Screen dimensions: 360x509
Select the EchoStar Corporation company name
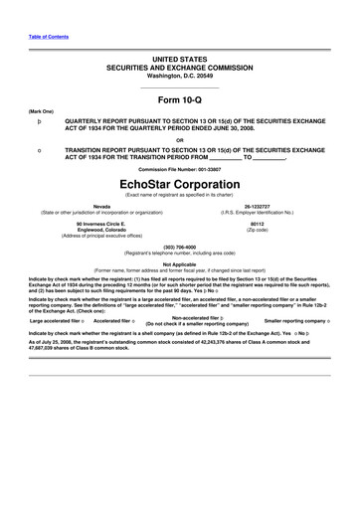[180, 184]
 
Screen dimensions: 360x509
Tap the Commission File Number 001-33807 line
[180, 169]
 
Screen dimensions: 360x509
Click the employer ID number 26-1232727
[255, 207]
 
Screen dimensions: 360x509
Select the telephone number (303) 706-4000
[180, 246]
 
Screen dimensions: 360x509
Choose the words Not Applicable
[180, 263]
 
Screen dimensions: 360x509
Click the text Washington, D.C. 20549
[180, 76]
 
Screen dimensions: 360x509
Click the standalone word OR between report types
[180, 139]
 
